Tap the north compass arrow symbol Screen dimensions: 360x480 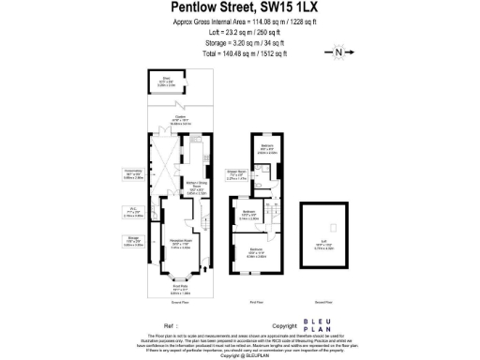click(337, 52)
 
